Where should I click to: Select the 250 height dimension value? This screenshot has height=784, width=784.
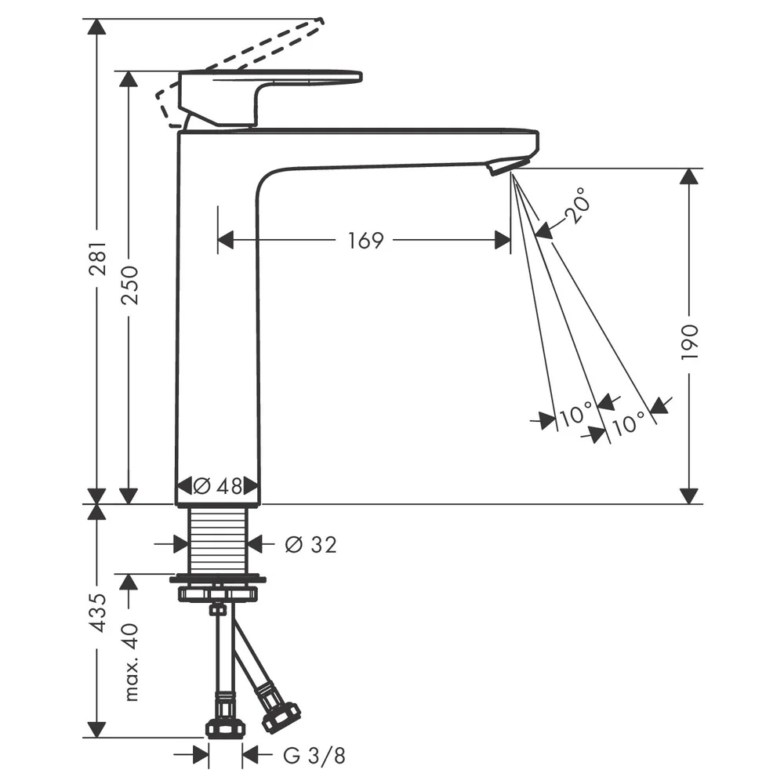(130, 285)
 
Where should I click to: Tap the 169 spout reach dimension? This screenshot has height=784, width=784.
(365, 241)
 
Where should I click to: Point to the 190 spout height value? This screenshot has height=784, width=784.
(689, 342)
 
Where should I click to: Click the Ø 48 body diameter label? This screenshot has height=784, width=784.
(218, 485)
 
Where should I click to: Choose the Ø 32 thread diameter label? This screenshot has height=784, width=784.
(310, 545)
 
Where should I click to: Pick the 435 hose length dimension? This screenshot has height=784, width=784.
(98, 613)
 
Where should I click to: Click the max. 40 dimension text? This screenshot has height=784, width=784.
(130, 662)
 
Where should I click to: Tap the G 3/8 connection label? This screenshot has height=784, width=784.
(314, 756)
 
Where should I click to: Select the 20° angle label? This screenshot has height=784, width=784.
(578, 205)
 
